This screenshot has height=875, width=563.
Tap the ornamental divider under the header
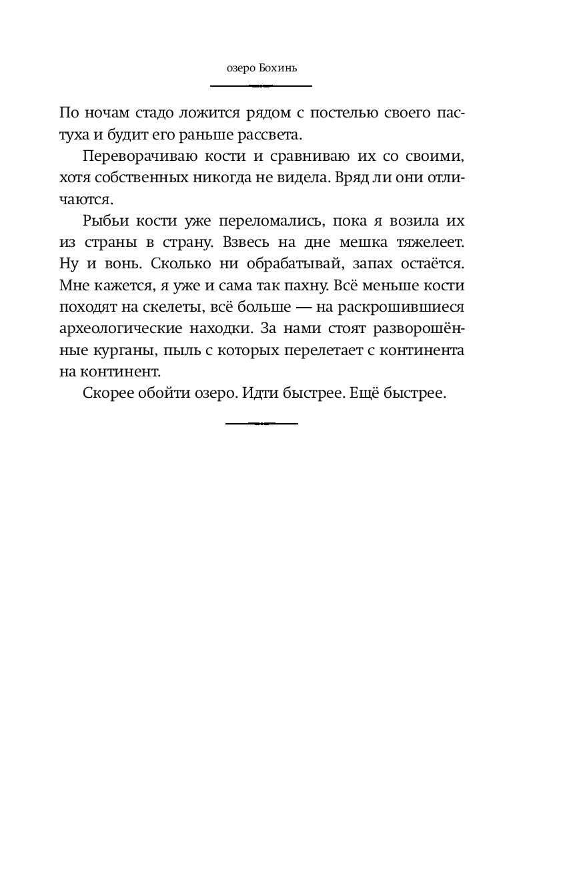click(x=261, y=86)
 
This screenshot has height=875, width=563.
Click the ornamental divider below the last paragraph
click(x=261, y=423)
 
